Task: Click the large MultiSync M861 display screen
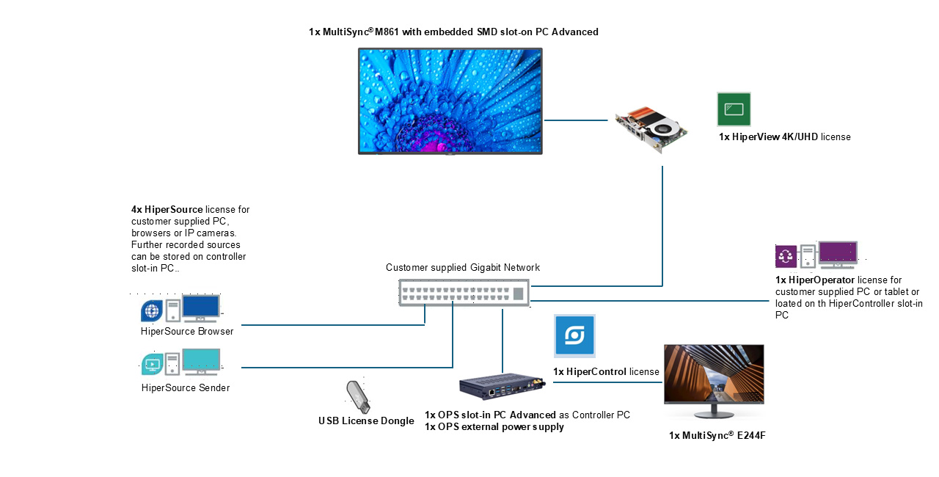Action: (x=450, y=101)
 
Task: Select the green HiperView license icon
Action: (x=734, y=109)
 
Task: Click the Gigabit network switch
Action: (x=464, y=292)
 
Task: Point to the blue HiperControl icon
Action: (x=574, y=336)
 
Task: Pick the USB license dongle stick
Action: (x=357, y=396)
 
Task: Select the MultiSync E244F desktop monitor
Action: (x=713, y=374)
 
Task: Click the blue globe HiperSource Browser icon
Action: (x=151, y=310)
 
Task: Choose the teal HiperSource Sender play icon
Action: (x=151, y=363)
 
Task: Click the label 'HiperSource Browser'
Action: (x=187, y=332)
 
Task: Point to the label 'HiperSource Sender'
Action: (x=186, y=387)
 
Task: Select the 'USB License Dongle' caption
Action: (x=366, y=421)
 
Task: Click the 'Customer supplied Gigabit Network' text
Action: (x=463, y=268)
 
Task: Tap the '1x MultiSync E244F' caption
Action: (x=717, y=436)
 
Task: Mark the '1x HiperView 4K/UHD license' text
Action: (x=784, y=137)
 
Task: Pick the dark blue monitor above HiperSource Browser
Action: (x=200, y=307)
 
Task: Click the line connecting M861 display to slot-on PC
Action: (x=579, y=120)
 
